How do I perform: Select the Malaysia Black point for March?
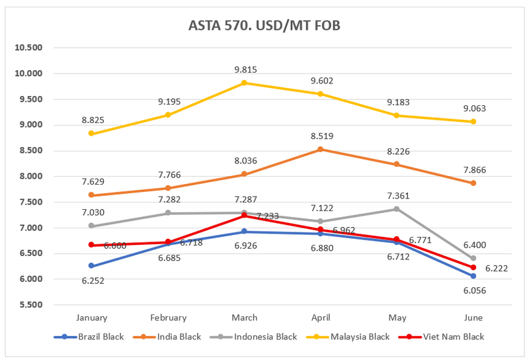[x=244, y=83]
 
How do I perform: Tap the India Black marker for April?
[x=321, y=150]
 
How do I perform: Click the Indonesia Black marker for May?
[x=397, y=209]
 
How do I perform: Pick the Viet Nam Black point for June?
[x=473, y=267]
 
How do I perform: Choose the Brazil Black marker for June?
[x=473, y=276]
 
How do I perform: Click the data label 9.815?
[x=244, y=68]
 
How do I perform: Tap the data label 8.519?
[x=321, y=135]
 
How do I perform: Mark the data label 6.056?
[x=473, y=291]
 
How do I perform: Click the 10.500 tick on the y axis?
[x=28, y=48]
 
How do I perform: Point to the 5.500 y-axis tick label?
[x=28, y=305]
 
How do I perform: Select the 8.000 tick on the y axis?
[x=28, y=176]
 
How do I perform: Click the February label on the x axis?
[x=168, y=318]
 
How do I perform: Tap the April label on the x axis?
[x=321, y=318]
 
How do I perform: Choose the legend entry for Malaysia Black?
[x=360, y=337]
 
